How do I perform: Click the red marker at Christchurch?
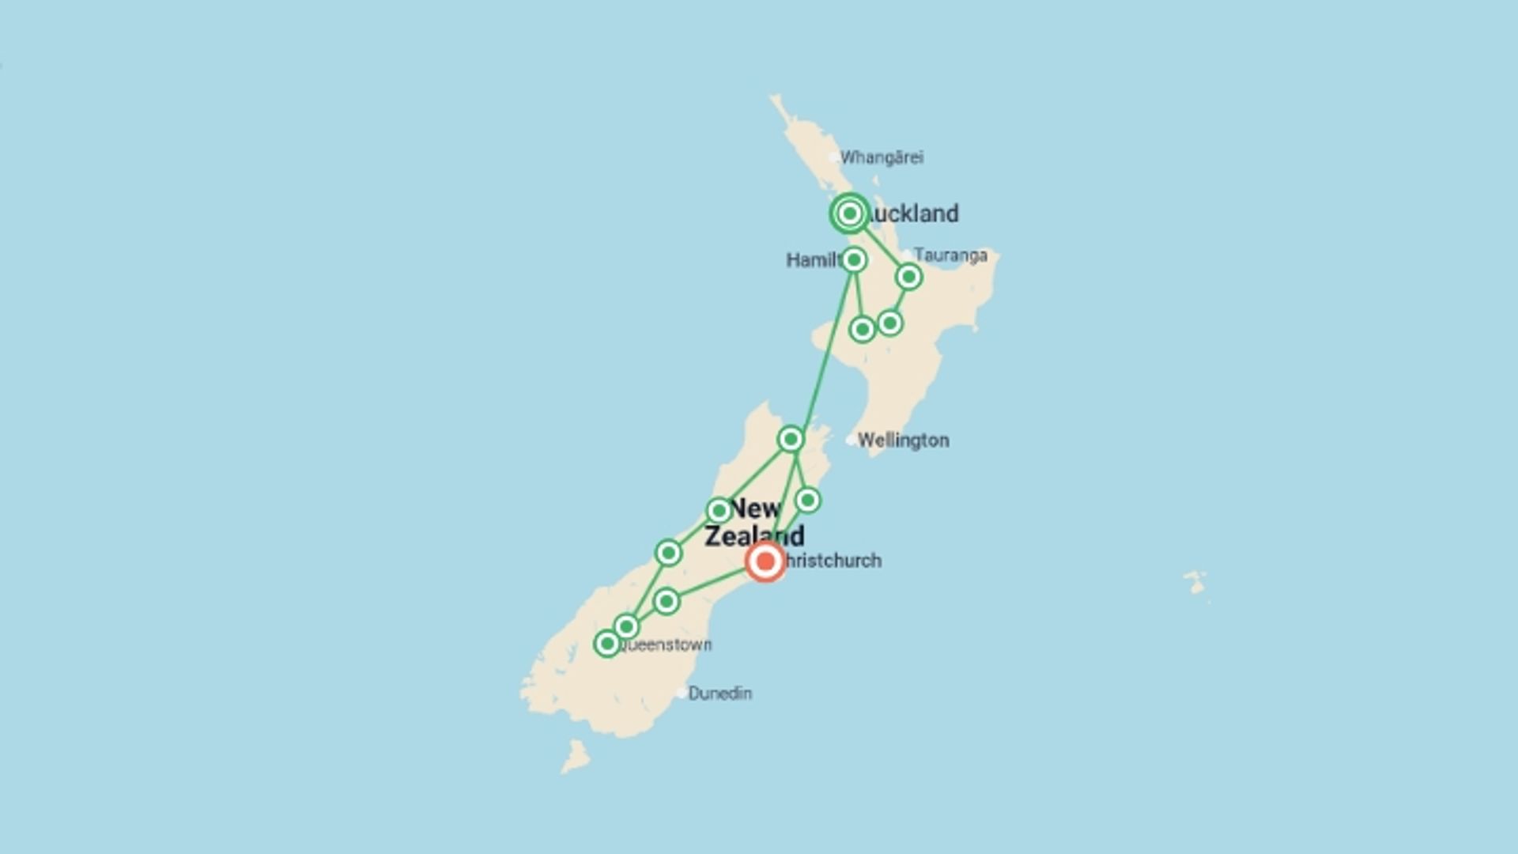pos(765,561)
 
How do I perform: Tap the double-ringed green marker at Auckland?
pos(850,213)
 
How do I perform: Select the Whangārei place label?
pos(881,157)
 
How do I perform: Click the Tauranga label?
pos(950,255)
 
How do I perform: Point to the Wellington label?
pos(903,440)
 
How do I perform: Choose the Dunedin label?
pos(719,693)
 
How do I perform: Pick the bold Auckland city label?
pos(914,213)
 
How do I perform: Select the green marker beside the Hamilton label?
pos(854,259)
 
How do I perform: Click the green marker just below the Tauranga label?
pos(909,277)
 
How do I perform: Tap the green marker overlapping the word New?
pos(719,510)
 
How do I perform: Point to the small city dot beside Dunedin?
pos(682,693)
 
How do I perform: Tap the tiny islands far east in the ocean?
pos(1195,583)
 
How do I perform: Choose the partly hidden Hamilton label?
pos(813,260)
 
